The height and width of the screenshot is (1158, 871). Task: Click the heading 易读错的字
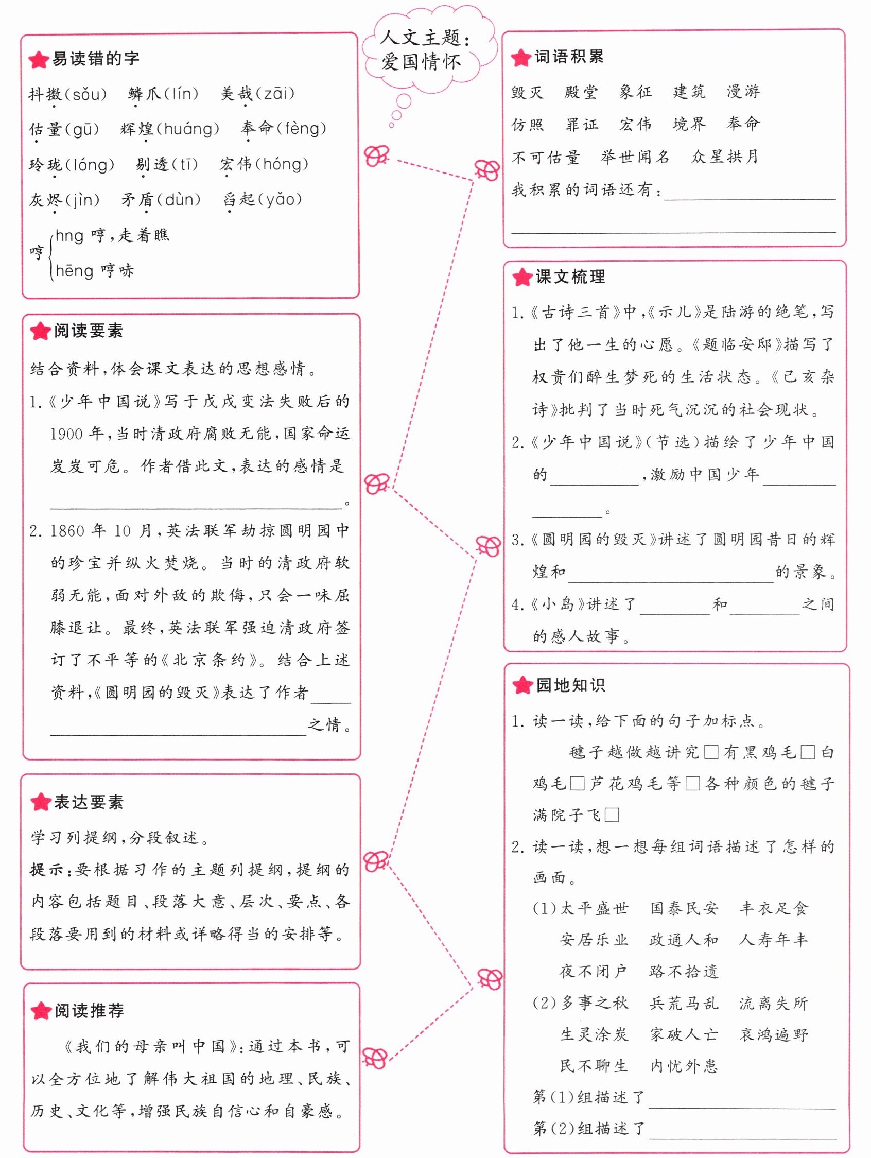(x=95, y=59)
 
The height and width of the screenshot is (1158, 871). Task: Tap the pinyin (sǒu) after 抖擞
(x=86, y=95)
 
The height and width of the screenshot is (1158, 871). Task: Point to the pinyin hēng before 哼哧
(x=74, y=271)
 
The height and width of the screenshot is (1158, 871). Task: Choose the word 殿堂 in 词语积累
(x=581, y=93)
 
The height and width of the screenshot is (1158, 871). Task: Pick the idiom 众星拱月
(x=725, y=157)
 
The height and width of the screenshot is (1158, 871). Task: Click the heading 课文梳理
(x=570, y=277)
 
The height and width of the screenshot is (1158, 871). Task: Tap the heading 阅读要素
(x=88, y=331)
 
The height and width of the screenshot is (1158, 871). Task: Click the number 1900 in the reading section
(x=66, y=434)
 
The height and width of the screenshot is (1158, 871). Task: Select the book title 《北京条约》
(x=210, y=660)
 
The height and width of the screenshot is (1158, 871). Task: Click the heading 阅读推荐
(x=89, y=1011)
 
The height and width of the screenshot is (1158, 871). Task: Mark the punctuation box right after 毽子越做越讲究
(x=711, y=753)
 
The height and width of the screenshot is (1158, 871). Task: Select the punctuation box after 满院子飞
(x=612, y=815)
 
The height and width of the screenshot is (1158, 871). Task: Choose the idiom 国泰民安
(x=684, y=908)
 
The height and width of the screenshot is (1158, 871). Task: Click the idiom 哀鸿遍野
(x=774, y=1034)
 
